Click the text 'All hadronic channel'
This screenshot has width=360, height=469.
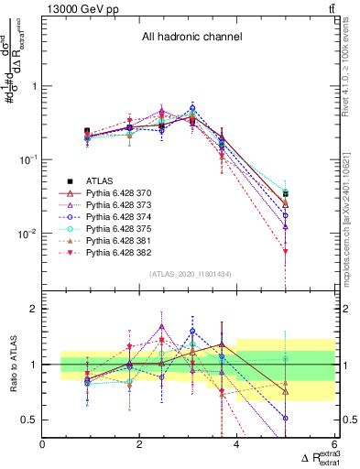[x=191, y=38]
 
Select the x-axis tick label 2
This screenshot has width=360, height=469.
[x=139, y=444]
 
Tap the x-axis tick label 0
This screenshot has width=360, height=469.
[x=42, y=444]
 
